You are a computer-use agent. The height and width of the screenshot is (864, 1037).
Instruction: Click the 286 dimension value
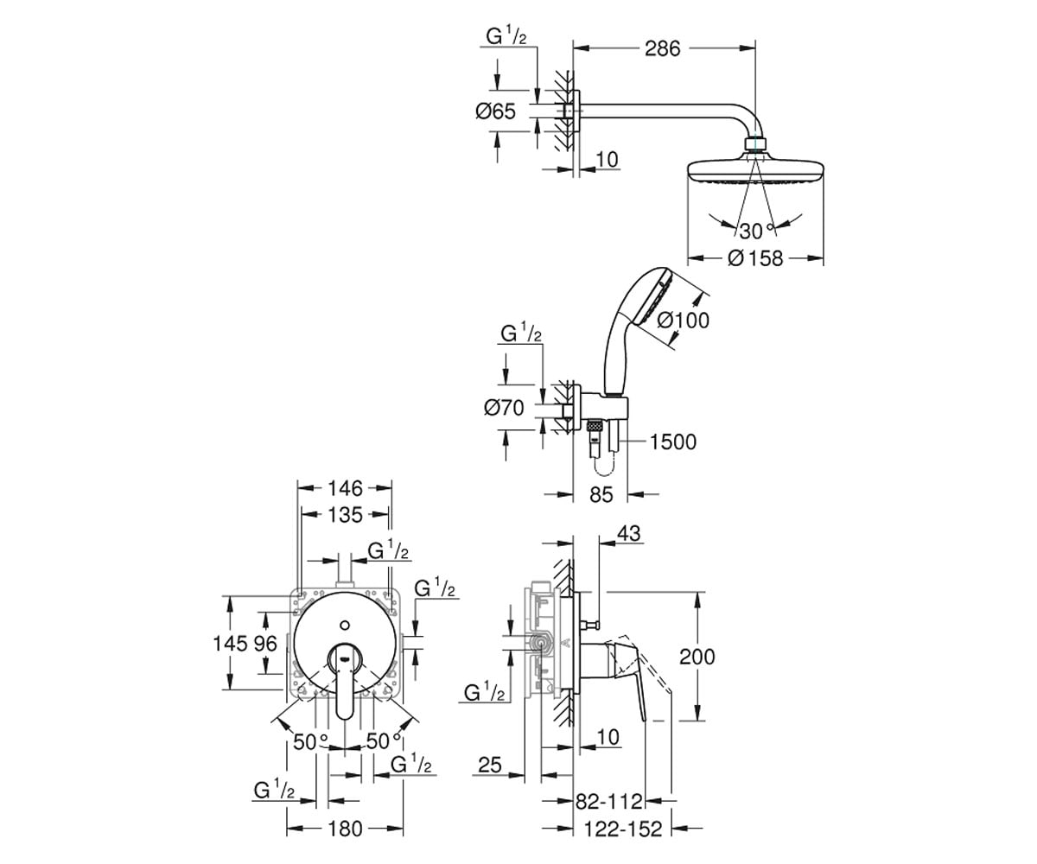(x=663, y=48)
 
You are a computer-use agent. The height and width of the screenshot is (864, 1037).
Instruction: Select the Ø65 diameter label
(x=496, y=111)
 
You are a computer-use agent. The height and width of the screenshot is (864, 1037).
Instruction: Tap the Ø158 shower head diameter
(x=755, y=258)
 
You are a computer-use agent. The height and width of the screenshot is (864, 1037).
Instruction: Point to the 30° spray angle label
(x=757, y=231)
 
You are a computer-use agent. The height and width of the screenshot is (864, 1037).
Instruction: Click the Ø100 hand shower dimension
(x=683, y=321)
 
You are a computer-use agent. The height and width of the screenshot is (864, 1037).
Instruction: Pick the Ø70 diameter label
(x=504, y=408)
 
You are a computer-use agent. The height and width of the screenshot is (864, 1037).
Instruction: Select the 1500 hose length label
(x=673, y=442)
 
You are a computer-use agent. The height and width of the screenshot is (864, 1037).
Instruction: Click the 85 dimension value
(x=601, y=494)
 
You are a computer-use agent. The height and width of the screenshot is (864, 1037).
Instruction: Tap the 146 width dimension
(x=345, y=489)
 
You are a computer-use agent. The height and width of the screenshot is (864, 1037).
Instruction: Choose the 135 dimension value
(x=345, y=515)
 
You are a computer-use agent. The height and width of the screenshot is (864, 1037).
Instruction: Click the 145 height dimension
(x=230, y=644)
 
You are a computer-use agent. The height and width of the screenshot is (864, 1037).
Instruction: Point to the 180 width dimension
(x=345, y=829)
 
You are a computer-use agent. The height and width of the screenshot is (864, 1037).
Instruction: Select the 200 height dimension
(x=697, y=657)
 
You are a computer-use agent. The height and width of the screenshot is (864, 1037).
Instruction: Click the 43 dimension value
(x=629, y=534)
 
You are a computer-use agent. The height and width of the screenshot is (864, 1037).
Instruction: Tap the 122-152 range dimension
(x=623, y=829)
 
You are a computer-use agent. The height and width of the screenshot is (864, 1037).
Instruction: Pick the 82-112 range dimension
(x=609, y=801)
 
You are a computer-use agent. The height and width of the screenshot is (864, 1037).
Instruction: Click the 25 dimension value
(x=490, y=766)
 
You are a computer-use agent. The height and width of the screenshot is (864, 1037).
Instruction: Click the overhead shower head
(x=755, y=171)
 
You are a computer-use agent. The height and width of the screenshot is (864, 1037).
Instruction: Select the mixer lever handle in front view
(x=345, y=680)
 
